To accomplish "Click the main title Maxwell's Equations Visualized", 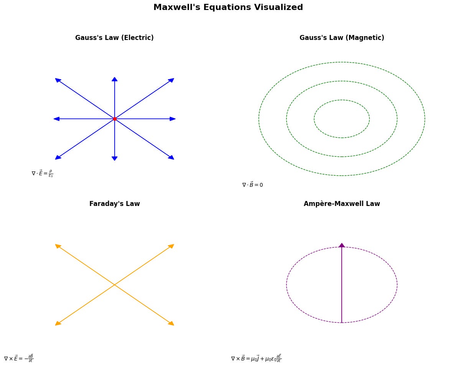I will [x=228, y=7].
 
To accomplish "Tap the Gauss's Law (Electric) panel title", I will [x=114, y=38].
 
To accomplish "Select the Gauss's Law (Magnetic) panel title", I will [x=342, y=38].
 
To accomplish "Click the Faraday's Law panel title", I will [x=114, y=204].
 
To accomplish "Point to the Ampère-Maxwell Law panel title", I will [x=342, y=204].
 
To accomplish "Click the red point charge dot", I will [x=115, y=119].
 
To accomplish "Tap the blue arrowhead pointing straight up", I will [x=114, y=79].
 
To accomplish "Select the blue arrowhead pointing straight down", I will [x=114, y=158].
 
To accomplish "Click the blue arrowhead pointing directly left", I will [x=56, y=119].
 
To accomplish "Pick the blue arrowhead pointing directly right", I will [x=173, y=119].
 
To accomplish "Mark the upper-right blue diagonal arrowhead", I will [x=171, y=80].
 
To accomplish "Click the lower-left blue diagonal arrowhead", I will [x=58, y=157].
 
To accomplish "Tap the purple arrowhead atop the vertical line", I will [x=342, y=245].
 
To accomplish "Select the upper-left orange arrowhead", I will [x=58, y=246].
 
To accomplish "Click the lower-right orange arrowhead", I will [x=171, y=323].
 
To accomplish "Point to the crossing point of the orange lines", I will [x=114, y=285].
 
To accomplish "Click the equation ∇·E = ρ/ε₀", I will [x=42, y=174].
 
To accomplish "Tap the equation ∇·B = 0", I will [x=252, y=185].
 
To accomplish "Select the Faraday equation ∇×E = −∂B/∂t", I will [x=18, y=358].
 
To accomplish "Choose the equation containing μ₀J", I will [x=256, y=358].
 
